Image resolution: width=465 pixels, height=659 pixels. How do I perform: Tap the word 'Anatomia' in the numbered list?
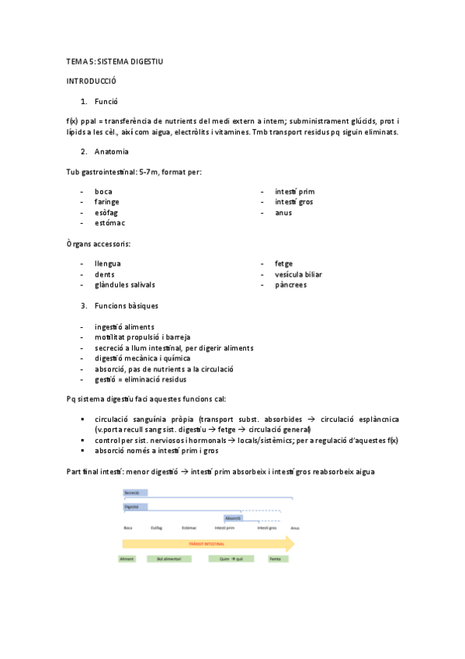point(112,151)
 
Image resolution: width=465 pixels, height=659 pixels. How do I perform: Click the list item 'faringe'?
point(107,202)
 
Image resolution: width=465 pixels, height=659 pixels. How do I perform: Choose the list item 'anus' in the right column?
point(283,212)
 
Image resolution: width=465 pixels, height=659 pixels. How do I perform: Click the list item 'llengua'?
point(108,263)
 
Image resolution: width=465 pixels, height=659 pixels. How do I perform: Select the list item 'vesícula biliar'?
point(298,274)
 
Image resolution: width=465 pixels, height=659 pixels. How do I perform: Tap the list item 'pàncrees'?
point(290,285)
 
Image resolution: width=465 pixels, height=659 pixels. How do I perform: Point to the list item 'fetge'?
point(284,263)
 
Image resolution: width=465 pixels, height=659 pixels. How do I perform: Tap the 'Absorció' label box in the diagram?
point(233,518)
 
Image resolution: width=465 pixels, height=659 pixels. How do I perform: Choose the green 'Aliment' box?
point(127,560)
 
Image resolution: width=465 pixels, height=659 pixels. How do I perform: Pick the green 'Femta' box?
point(275,560)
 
